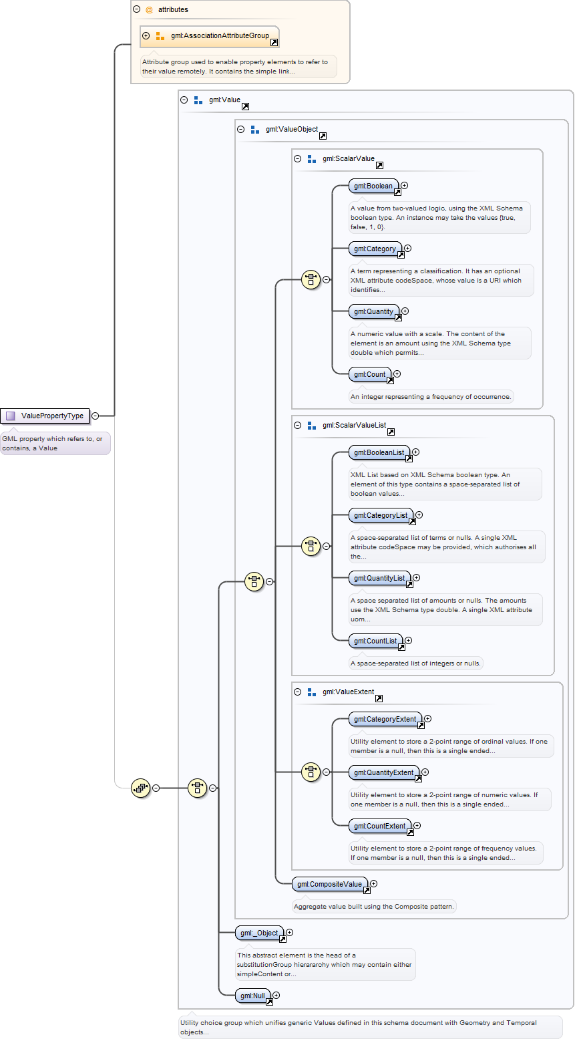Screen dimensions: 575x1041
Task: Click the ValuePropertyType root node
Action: (45, 416)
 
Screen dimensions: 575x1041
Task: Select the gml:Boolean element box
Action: (374, 186)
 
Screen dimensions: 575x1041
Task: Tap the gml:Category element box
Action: (376, 249)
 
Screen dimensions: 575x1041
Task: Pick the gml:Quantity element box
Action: (375, 311)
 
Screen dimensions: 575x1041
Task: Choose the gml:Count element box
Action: (370, 374)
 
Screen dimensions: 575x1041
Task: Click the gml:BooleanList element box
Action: (380, 452)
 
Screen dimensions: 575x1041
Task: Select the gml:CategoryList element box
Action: (381, 515)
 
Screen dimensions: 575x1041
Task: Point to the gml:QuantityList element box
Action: (380, 578)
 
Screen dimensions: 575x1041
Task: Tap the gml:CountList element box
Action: (376, 641)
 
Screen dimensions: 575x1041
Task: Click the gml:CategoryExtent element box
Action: (386, 719)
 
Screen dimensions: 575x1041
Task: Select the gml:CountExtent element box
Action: (381, 826)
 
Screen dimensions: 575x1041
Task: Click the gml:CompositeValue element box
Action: (330, 884)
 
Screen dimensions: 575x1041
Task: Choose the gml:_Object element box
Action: (260, 933)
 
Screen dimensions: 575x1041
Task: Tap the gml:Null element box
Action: (253, 996)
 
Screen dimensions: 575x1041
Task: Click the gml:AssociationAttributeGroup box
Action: (210, 36)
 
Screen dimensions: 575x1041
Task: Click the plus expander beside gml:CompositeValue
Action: (374, 883)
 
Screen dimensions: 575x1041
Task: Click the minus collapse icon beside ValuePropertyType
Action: (95, 416)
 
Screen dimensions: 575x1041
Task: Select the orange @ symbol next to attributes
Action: (149, 10)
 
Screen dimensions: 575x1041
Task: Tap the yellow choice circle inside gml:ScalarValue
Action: (311, 280)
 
